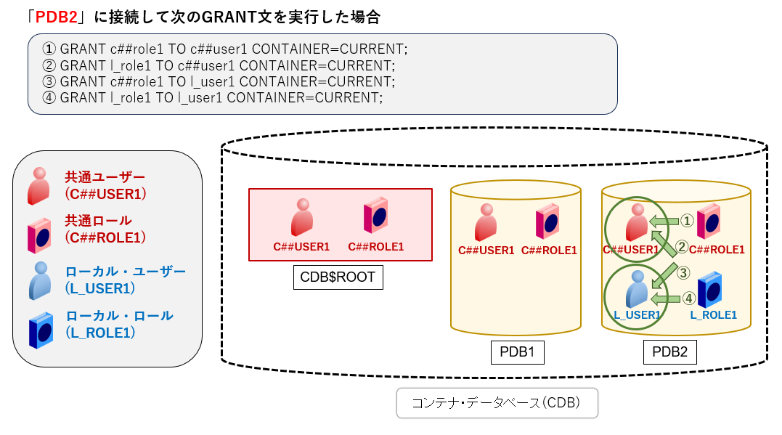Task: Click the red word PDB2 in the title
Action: (57, 17)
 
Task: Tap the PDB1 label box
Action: (517, 352)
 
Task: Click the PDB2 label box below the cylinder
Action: (669, 352)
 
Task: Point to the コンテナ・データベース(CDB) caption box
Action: (497, 403)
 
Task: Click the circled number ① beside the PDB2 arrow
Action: (686, 219)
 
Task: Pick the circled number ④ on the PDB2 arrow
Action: (686, 298)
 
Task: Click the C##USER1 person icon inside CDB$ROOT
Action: (301, 218)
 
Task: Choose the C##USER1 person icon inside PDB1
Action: (486, 221)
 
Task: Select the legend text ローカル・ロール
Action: (119, 316)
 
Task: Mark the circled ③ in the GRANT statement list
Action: (49, 81)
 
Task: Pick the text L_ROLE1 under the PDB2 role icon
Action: (713, 314)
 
